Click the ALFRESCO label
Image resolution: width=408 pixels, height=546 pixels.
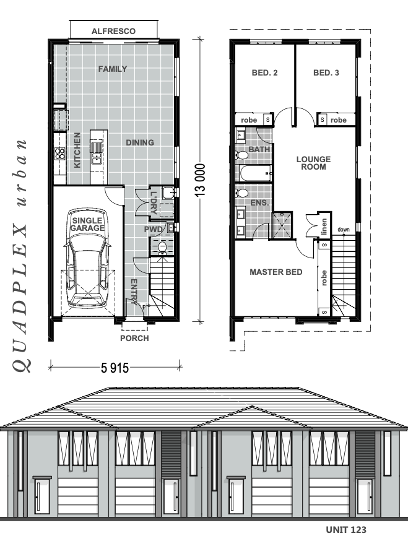113,31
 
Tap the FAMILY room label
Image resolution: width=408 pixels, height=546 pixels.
113,69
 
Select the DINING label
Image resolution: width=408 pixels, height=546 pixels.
140,142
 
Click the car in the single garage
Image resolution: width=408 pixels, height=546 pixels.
87,272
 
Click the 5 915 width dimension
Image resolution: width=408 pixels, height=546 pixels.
115,368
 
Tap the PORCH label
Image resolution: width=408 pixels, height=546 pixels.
134,339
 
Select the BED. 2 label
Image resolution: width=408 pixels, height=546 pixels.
264,73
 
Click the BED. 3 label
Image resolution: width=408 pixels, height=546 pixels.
326,73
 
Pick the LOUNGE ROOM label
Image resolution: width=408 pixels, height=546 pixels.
313,163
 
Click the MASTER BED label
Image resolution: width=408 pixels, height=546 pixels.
276,272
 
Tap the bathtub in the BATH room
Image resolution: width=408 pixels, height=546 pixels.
254,174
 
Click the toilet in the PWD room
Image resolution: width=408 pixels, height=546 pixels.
162,248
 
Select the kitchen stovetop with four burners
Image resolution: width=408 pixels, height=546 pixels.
60,154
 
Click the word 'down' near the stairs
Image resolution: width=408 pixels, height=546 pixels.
344,230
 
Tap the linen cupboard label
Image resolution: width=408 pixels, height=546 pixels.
323,227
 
